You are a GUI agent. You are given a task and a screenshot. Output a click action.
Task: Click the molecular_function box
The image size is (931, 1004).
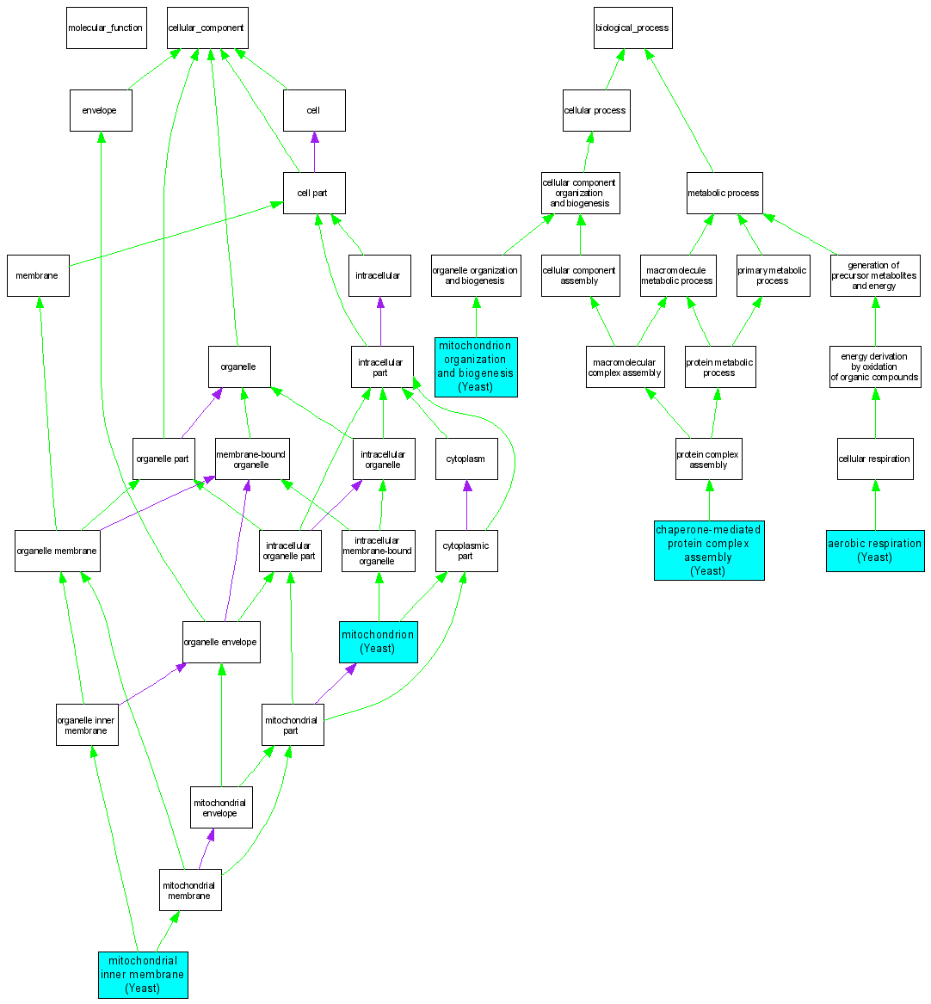106,28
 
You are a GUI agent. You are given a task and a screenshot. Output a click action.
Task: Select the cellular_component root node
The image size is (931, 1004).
207,28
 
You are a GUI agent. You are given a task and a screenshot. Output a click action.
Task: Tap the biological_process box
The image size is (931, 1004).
632,28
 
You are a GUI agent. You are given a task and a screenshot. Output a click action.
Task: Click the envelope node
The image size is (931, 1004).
101,110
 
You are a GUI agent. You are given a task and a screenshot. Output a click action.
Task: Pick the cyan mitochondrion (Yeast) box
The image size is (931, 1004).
379,642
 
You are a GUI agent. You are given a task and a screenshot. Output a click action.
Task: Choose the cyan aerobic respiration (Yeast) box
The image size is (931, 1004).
875,551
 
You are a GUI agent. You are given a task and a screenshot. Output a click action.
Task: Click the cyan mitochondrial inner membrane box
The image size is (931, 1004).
143,975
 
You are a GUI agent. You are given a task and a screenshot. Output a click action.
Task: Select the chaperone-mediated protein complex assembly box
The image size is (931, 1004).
709,551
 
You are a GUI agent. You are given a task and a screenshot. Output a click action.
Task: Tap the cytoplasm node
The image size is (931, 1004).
466,459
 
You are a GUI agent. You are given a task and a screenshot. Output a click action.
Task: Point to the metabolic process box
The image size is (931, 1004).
724,193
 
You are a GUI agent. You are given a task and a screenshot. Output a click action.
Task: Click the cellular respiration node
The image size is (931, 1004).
875,459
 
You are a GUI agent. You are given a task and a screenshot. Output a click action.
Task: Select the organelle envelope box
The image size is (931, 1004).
221,642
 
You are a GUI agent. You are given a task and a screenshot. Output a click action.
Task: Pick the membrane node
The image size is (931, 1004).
38,275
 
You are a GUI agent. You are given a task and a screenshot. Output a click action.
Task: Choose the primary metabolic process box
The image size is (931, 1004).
773,275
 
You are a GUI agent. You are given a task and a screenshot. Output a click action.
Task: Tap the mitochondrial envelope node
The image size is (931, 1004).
221,807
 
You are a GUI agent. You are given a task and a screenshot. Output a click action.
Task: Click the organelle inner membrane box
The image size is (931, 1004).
86,725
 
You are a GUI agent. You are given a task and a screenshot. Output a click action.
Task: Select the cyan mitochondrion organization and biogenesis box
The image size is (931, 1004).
476,367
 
